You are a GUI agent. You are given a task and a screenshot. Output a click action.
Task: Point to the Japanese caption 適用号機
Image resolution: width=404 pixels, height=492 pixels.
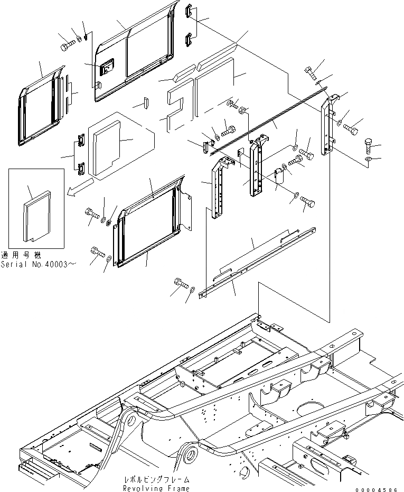click(x=24, y=255)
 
